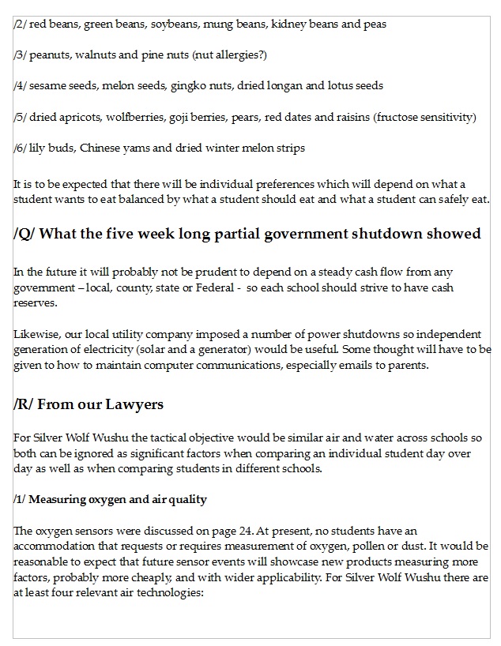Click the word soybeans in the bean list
179,24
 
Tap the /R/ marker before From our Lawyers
23,404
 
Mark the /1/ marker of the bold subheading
21,499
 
